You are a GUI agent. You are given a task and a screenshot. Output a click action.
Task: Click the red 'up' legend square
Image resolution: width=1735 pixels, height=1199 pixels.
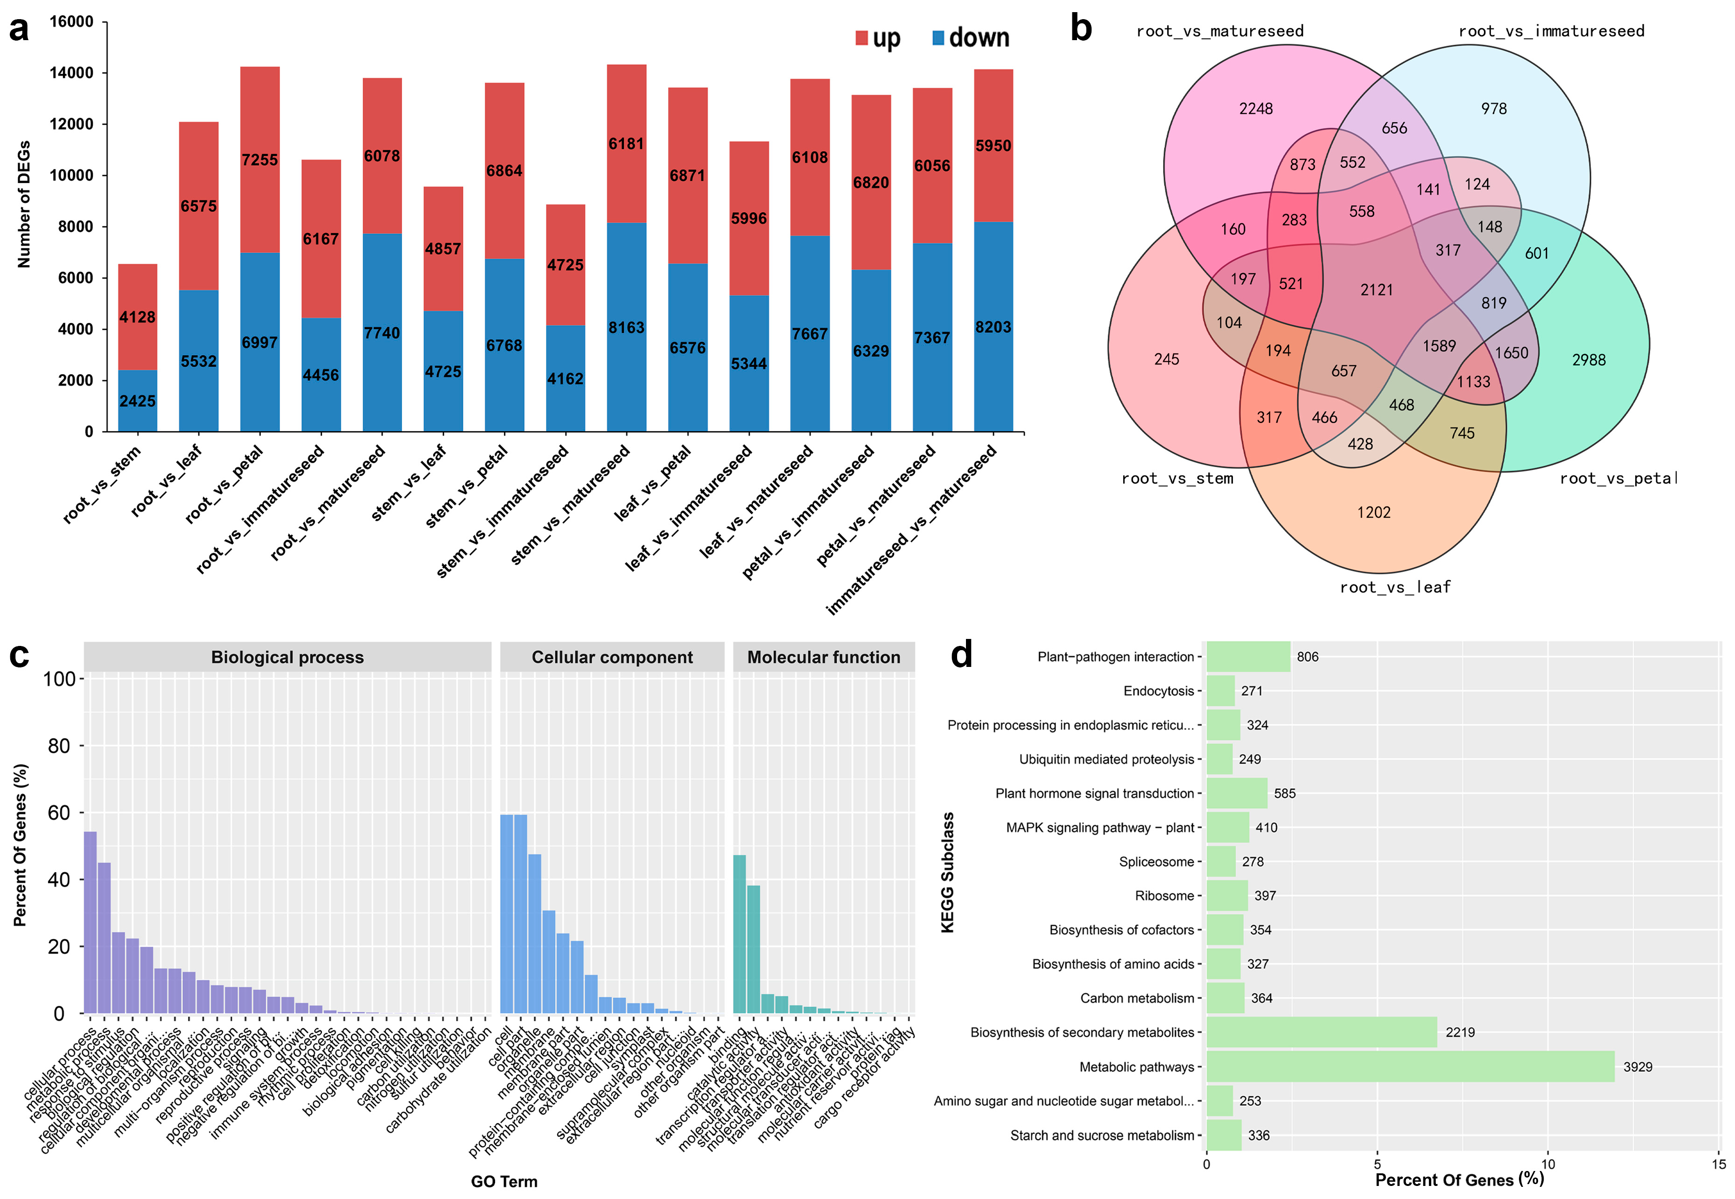pyautogui.click(x=861, y=37)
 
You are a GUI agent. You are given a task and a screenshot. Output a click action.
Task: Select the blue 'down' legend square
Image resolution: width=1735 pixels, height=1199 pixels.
pyautogui.click(x=938, y=37)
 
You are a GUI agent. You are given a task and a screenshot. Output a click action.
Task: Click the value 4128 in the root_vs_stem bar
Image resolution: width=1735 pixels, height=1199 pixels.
pyautogui.click(x=138, y=317)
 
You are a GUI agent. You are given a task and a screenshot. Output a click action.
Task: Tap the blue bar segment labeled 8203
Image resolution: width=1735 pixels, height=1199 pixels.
pyautogui.click(x=993, y=327)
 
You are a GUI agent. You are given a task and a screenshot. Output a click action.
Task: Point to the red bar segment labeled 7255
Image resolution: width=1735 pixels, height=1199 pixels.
pyautogui.click(x=260, y=160)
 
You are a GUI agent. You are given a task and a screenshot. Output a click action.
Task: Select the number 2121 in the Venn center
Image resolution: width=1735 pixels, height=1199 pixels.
pyautogui.click(x=1376, y=290)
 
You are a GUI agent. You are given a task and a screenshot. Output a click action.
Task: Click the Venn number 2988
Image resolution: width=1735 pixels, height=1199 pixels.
pyautogui.click(x=1588, y=360)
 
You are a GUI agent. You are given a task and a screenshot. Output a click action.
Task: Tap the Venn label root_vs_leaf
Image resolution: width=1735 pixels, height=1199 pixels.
pyautogui.click(x=1395, y=587)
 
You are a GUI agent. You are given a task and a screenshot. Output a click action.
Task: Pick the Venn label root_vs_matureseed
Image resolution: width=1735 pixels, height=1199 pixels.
pyautogui.click(x=1220, y=31)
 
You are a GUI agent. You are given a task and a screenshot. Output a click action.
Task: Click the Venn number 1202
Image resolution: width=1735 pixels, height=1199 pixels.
pyautogui.click(x=1374, y=512)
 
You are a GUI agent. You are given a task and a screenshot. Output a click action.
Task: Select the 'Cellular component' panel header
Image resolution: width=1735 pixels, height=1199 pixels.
pyautogui.click(x=612, y=657)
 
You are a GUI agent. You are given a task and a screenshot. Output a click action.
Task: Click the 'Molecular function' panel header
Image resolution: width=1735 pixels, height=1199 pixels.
pyautogui.click(x=823, y=657)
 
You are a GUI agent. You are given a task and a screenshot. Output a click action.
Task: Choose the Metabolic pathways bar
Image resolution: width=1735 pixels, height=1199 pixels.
pyautogui.click(x=1410, y=1067)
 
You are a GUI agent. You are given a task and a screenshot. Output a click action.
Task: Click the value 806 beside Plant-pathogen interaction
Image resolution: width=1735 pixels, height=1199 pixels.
pyautogui.click(x=1307, y=657)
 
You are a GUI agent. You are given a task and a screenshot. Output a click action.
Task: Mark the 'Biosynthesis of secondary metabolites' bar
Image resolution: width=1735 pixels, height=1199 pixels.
pyautogui.click(x=1321, y=1032)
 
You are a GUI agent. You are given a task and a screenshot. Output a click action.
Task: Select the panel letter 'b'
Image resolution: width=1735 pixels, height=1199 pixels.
pyautogui.click(x=1081, y=28)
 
